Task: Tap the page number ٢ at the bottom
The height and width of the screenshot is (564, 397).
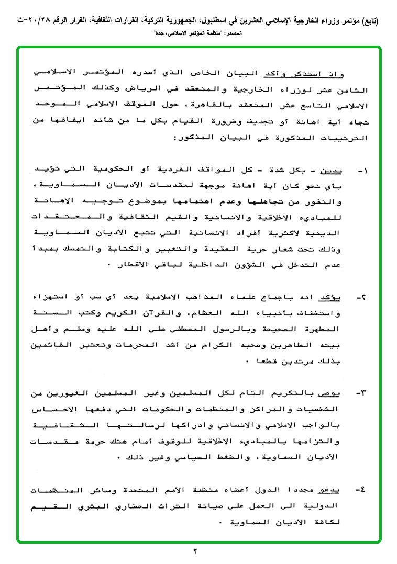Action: (195, 551)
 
